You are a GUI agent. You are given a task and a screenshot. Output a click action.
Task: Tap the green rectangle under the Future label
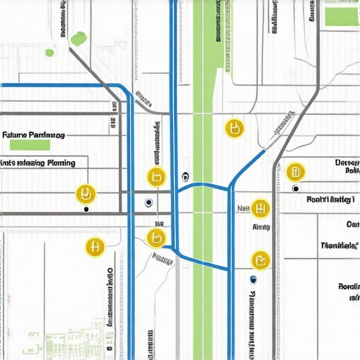[x=30, y=145]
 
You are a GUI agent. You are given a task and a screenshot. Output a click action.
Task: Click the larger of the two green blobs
[x=78, y=37]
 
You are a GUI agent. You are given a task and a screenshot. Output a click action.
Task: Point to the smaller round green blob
[x=49, y=52]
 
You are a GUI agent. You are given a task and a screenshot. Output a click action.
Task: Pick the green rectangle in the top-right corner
[x=341, y=17]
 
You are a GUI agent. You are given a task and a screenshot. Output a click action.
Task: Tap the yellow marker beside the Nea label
[x=260, y=208]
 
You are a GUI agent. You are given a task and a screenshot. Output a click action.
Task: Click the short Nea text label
[x=244, y=208]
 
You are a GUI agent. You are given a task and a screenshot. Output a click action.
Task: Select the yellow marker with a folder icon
[x=260, y=260]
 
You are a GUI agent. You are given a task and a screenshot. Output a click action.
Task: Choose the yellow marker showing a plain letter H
[x=93, y=247]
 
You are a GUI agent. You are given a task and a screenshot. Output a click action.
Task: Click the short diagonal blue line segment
[x=247, y=167]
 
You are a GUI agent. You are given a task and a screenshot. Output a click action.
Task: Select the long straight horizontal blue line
[x=56, y=85]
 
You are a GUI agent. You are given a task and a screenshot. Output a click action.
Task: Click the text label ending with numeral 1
[x=329, y=200]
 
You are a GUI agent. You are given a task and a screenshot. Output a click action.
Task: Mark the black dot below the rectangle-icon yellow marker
[x=295, y=188]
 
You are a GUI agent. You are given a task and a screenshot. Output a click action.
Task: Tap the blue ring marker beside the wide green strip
[x=185, y=176]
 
